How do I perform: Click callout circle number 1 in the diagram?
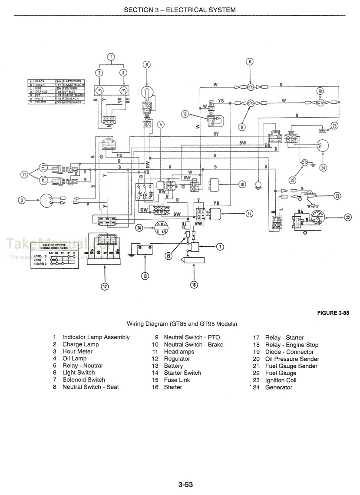tap(111, 57)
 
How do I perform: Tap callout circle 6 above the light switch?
tap(147, 65)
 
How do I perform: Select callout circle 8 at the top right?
tap(250, 61)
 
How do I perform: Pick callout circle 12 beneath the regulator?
tap(104, 286)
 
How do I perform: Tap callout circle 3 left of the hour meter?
tap(22, 200)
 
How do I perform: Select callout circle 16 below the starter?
tap(194, 284)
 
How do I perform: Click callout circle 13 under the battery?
tap(145, 275)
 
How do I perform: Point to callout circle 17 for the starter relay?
tap(249, 213)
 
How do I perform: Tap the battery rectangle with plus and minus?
tap(144, 250)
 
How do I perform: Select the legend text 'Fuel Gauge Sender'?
tap(291, 366)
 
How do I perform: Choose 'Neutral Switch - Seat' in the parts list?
tap(90, 387)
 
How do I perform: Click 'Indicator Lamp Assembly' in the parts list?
tap(96, 337)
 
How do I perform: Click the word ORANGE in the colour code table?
tap(41, 91)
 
